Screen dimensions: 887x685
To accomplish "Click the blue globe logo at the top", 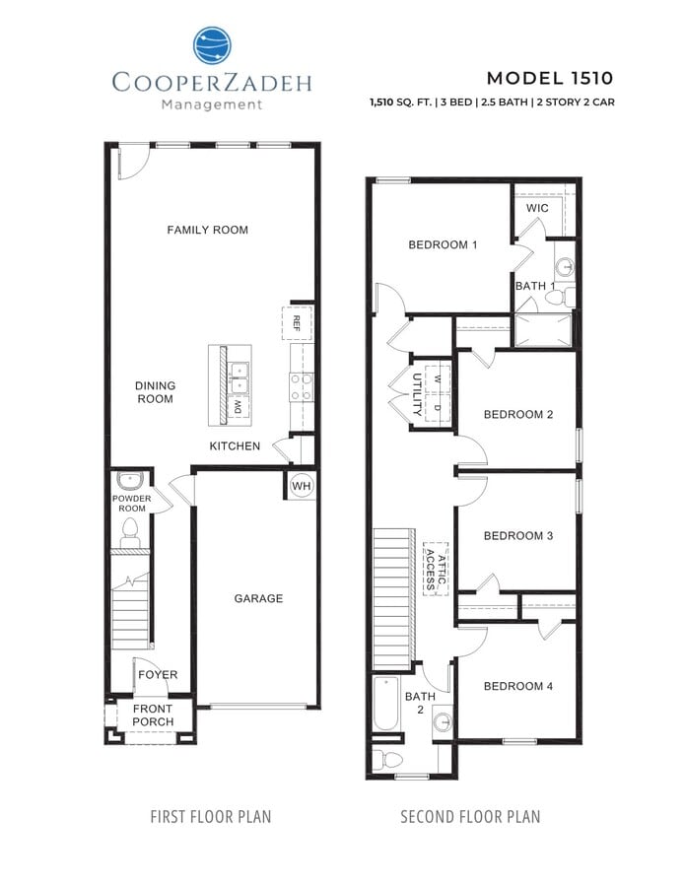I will pos(211,46).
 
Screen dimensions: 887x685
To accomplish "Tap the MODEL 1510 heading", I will pos(550,78).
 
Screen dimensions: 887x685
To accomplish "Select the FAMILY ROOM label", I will pos(207,230).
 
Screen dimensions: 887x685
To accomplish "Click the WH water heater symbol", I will pos(301,486).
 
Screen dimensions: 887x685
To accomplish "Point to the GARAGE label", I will pos(258,598).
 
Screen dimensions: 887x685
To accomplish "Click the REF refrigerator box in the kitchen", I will pos(298,320).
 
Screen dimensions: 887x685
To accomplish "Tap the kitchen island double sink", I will pos(239,371).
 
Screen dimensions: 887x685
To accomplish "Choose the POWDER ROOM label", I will pos(130,503).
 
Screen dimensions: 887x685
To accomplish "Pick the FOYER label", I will pos(158,675).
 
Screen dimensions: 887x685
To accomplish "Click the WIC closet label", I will pos(537,209).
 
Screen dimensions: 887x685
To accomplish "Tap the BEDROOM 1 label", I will pos(443,244).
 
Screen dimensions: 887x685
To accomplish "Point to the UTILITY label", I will pos(417,392).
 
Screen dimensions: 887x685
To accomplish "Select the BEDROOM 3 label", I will pos(517,536).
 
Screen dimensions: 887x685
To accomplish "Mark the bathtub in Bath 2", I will pos(387,704).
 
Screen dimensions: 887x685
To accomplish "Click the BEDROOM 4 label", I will pos(517,686).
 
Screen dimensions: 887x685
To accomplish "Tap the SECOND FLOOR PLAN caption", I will pos(469,817).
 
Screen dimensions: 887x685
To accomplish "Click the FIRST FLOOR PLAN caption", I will pos(210,817).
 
